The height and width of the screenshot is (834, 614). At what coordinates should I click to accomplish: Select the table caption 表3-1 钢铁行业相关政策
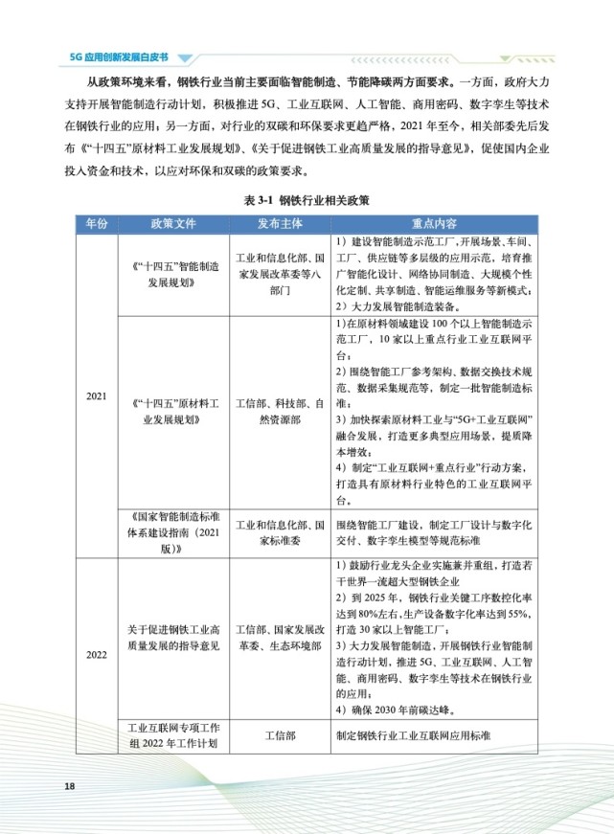click(307, 202)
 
